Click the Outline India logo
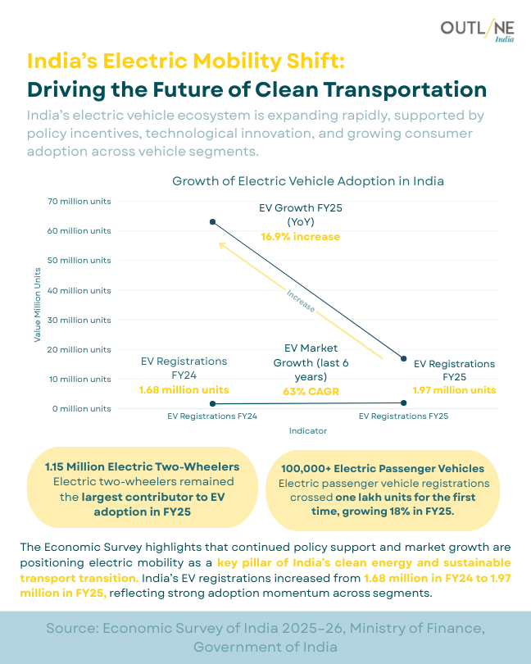point(478,30)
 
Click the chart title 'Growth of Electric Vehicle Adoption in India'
point(307,180)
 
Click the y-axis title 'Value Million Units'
point(38,304)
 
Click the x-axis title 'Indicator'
point(307,430)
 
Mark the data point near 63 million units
point(212,222)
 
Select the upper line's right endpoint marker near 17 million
point(402,358)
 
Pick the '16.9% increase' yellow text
point(300,237)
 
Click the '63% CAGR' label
point(311,391)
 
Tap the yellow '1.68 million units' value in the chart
point(184,389)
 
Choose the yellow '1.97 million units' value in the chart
point(453,389)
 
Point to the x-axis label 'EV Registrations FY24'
point(212,416)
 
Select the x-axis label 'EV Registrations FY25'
point(403,416)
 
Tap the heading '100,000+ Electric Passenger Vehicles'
point(382,468)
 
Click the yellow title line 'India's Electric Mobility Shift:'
point(186,61)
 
